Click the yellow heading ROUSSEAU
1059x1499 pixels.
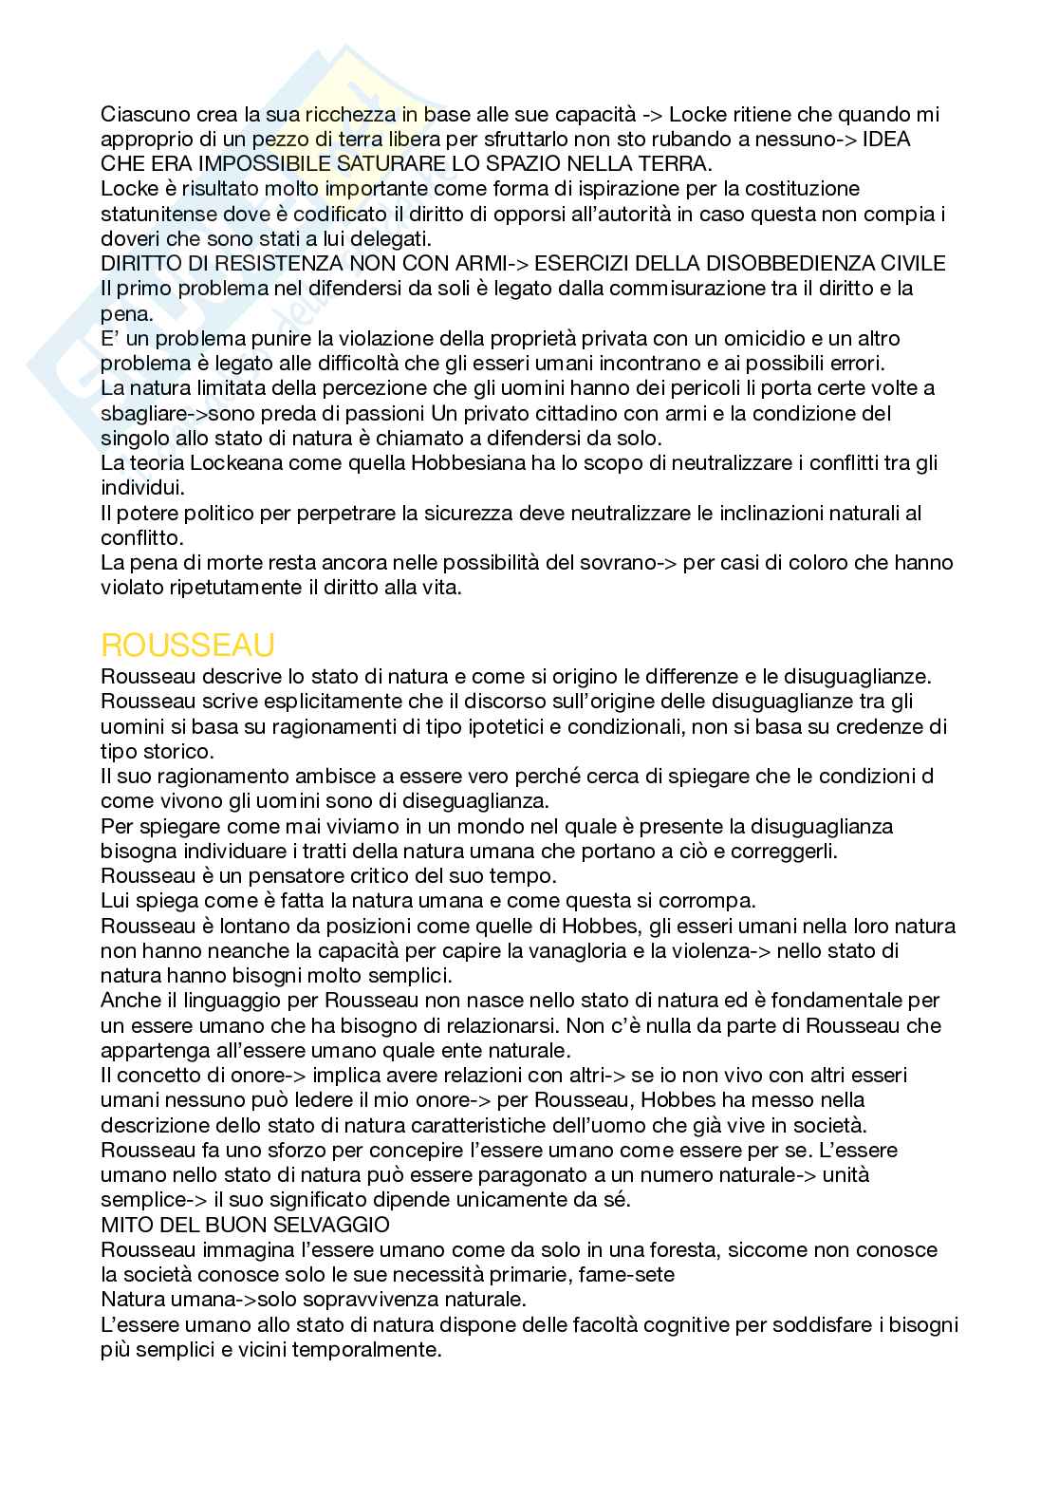(x=188, y=646)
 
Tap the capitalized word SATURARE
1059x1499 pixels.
(x=393, y=163)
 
